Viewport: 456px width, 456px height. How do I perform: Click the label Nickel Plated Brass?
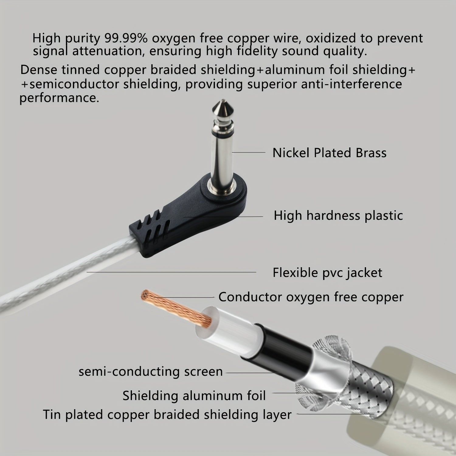329,153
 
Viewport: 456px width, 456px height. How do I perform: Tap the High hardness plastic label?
338,216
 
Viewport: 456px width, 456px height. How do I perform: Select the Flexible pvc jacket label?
327,273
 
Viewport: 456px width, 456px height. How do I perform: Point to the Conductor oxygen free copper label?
311,297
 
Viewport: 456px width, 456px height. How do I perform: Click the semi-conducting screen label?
150,371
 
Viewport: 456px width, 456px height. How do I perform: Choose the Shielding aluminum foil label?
194,396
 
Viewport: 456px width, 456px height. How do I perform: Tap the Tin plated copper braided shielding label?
167,415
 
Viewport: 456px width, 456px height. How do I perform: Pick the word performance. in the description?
59,98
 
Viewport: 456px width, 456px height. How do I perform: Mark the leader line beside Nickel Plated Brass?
248,152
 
